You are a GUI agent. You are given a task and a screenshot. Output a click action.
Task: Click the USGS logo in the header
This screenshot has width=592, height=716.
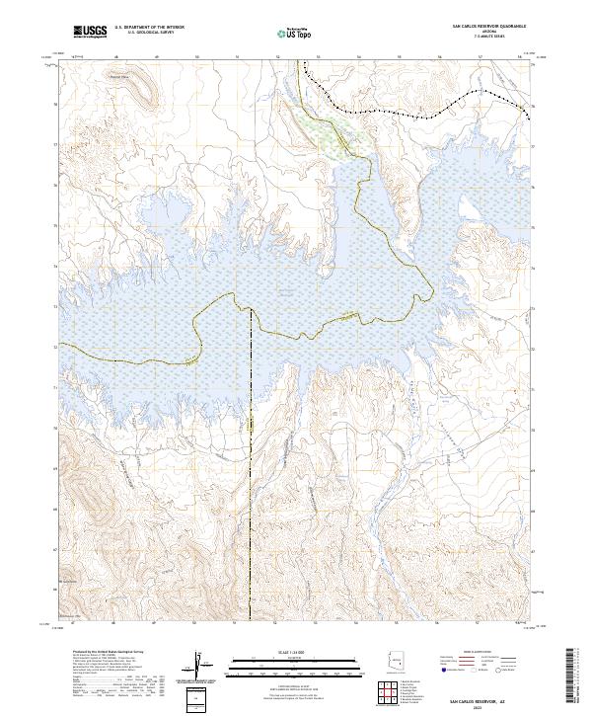pos(91,32)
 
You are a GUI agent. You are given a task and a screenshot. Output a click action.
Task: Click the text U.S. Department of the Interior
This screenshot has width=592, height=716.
pos(149,28)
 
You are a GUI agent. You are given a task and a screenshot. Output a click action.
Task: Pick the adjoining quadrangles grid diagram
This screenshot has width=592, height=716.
pos(392,693)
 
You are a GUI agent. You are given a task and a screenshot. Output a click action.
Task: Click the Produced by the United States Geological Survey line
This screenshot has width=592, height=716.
pos(108,653)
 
